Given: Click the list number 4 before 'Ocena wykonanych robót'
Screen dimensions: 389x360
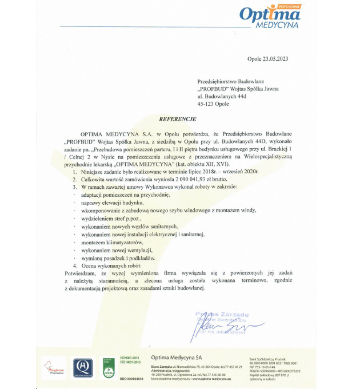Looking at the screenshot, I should (x=75, y=266).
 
